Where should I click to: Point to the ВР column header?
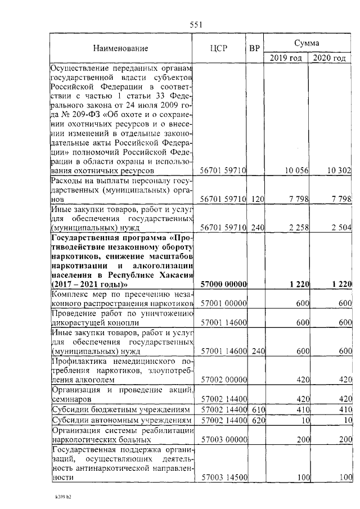pos(254,48)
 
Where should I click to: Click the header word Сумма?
pos(307,43)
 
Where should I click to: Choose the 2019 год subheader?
pos(286,58)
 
